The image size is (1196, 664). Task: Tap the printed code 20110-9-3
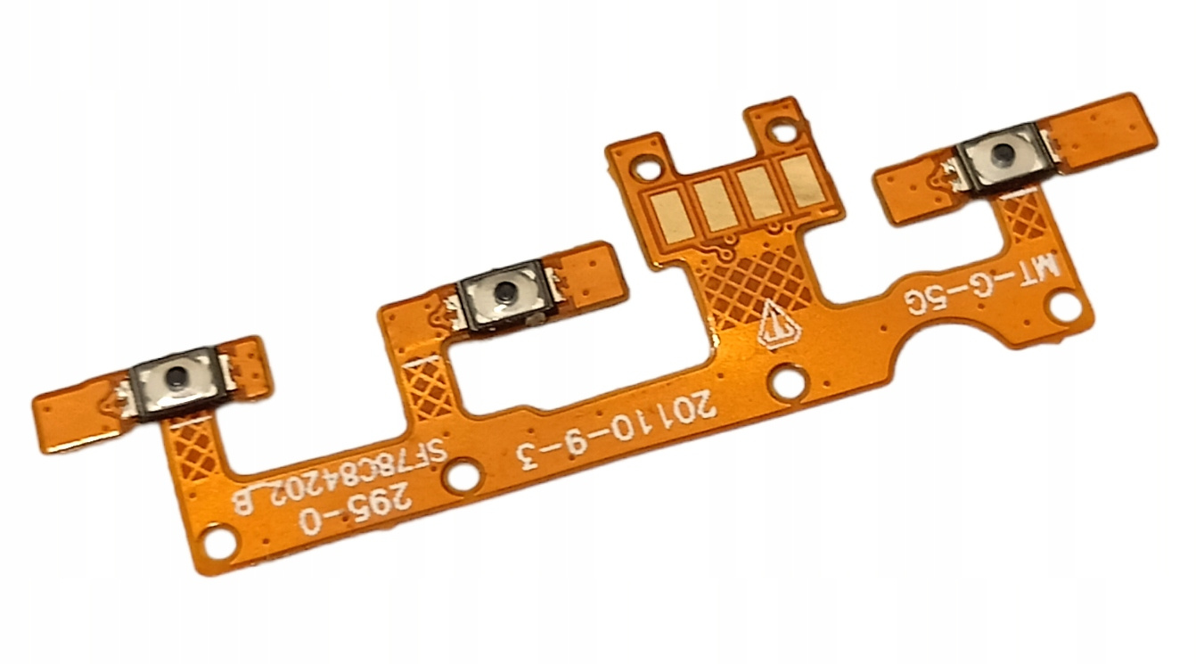coord(615,433)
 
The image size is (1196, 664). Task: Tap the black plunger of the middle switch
coord(503,291)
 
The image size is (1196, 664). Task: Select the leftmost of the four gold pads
coord(673,216)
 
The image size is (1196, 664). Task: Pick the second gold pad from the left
coord(717,205)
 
